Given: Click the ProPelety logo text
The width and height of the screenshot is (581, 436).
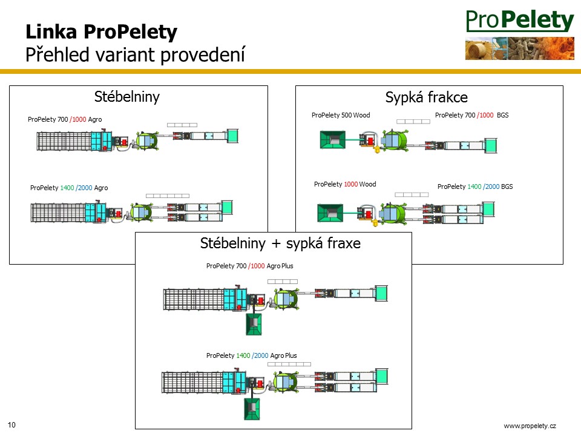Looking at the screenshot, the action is [520, 21].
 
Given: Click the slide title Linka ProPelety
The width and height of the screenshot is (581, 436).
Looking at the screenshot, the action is [101, 32].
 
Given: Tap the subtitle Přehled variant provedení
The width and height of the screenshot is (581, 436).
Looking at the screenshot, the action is [135, 54].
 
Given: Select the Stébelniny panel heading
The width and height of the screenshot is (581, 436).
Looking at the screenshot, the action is [126, 97].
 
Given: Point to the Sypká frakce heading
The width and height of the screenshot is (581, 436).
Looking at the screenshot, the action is [427, 97].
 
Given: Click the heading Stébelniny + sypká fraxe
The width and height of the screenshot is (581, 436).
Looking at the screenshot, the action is [280, 243].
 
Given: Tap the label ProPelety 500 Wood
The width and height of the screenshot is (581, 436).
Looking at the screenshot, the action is [341, 115].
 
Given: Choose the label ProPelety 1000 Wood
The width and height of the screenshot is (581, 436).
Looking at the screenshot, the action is [344, 184].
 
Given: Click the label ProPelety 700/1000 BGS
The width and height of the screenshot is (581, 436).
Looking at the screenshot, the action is [471, 115].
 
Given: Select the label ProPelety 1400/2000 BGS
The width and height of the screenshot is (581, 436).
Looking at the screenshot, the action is [475, 187].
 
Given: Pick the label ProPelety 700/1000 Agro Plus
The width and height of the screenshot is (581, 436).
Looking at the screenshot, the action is [250, 266].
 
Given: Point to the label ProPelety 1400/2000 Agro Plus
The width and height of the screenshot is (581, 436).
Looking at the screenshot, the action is [252, 355].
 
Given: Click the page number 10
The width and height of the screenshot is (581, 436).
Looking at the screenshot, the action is [11, 425].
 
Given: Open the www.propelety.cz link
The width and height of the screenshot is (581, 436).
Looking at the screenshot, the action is [530, 426].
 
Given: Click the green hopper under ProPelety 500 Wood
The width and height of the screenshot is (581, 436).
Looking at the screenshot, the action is [332, 139].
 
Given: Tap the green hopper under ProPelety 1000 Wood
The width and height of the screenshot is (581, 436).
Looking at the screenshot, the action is [330, 213].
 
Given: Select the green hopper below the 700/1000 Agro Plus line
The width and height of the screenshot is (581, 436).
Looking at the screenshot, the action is [254, 324].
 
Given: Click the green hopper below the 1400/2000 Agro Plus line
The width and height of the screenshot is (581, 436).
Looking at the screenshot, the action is [252, 409].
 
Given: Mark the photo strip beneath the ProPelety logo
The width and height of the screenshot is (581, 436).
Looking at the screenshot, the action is [520, 48].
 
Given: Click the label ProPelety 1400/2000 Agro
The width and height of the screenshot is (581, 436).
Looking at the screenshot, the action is [69, 188].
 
